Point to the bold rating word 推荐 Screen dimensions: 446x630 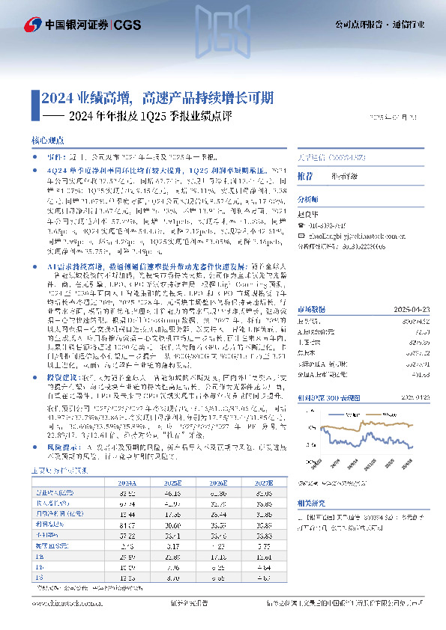click(305, 177)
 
